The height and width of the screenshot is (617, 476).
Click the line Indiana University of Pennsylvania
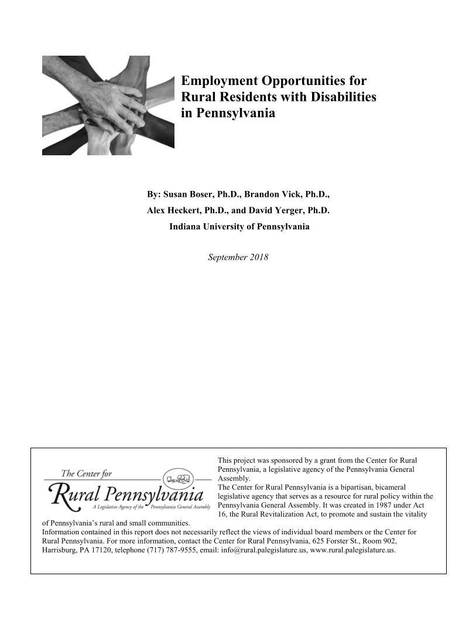[239, 226]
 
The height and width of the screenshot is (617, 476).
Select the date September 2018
[238, 257]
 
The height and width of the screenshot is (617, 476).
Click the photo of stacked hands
[108, 105]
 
